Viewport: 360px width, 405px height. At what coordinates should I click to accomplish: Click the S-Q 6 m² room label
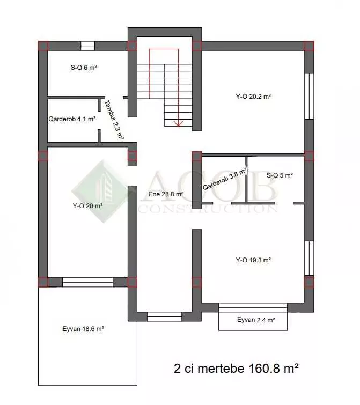pos(84,68)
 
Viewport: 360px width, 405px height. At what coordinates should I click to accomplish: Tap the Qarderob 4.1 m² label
pos(72,119)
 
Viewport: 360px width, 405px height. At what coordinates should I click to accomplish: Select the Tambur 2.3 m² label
pos(114,120)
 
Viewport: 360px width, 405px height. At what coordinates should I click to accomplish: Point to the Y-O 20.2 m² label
pos(253,97)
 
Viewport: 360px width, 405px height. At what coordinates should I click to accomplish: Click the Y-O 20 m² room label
pos(87,206)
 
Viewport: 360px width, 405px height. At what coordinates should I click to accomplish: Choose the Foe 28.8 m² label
pos(166,194)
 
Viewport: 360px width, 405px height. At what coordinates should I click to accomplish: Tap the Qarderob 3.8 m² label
pos(224,179)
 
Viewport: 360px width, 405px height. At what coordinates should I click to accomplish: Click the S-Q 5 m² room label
pos(280,175)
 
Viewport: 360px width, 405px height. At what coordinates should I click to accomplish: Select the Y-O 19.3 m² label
pos(253,260)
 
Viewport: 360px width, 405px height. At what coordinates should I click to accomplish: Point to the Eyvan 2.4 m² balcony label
pos(256,320)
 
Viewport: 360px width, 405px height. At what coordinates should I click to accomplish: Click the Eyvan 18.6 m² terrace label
pos(83,329)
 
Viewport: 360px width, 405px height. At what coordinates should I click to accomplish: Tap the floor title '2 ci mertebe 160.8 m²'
pos(236,368)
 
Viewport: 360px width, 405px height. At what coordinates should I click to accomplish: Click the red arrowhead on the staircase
pos(179,123)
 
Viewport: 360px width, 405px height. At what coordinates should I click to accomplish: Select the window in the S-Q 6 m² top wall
pos(88,46)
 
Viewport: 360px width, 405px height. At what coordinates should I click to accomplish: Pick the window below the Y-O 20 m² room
pos(88,282)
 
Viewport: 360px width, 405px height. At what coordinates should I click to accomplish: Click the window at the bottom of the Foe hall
pos(165,316)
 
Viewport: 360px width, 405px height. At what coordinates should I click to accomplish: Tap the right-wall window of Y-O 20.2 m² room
pos(309,97)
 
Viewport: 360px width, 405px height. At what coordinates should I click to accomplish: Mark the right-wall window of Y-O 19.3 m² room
pos(309,259)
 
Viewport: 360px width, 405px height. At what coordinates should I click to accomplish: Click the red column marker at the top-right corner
pos(309,46)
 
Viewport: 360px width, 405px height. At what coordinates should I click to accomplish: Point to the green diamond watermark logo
pos(104,191)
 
